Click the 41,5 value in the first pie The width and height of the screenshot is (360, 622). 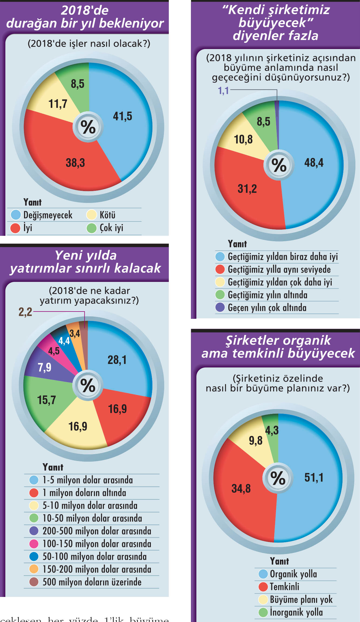122,116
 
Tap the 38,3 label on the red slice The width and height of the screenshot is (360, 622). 75,163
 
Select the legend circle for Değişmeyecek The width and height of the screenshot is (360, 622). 16,215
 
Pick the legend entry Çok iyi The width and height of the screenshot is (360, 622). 111,228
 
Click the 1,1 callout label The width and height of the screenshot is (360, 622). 223,91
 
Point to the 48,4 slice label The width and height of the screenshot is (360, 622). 314,163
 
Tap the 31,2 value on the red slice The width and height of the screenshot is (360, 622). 247,189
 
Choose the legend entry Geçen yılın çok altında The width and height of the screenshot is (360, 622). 267,307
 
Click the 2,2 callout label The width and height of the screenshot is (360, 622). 25,312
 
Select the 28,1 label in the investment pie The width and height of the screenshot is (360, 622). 117,360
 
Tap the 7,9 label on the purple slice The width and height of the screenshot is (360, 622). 44,367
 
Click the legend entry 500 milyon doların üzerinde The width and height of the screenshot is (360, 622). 92,582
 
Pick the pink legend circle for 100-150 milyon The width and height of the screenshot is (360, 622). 34,544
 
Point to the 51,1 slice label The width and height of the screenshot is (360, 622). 314,478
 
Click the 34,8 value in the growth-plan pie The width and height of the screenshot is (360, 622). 241,488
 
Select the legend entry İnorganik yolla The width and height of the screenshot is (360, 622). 296,612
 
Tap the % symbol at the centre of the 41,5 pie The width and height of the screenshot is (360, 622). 88,127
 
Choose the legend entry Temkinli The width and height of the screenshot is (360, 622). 284,587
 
